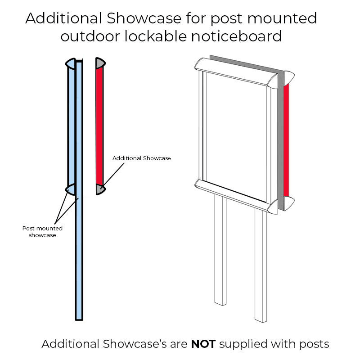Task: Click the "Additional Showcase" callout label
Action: click(142, 158)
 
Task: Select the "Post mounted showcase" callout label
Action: click(42, 231)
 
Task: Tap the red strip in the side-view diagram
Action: click(100, 126)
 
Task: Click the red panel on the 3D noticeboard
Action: click(286, 139)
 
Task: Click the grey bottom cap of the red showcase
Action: click(100, 189)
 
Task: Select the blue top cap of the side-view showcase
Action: click(71, 63)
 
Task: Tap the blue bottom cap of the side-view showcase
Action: click(71, 189)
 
